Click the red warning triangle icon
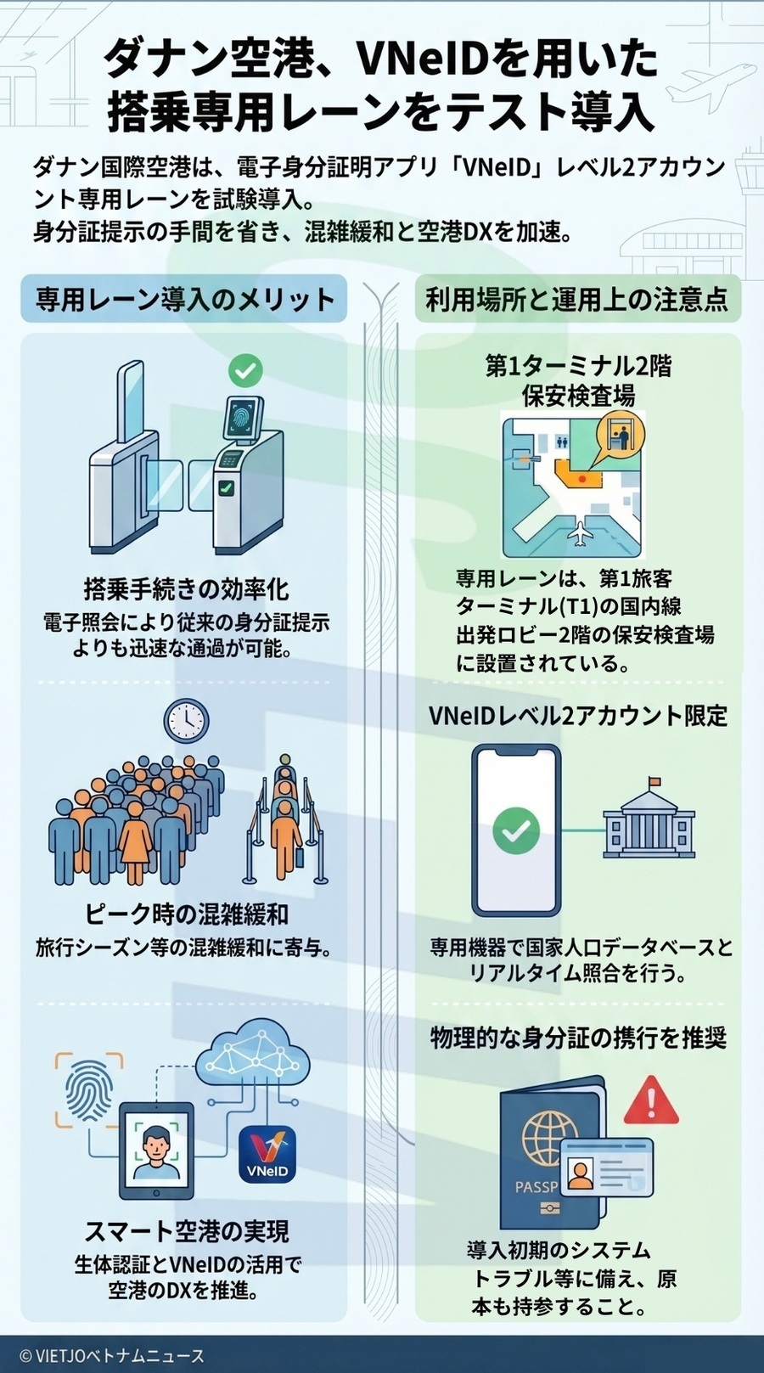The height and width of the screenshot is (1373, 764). point(651,1100)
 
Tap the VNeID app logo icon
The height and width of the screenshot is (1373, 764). point(267,1155)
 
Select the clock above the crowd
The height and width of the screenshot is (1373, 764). point(186,721)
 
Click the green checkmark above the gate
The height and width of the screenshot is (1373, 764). point(245,369)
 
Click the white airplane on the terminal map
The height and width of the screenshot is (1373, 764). point(581,534)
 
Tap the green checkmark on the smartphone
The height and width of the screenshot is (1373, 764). point(516,830)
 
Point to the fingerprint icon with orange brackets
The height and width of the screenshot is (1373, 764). point(89,1090)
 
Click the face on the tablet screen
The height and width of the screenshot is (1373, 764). point(154,1146)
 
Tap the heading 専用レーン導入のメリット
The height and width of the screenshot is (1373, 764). point(184,299)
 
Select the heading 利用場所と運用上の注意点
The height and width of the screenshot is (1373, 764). point(577,299)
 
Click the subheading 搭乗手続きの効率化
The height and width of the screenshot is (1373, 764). point(186,588)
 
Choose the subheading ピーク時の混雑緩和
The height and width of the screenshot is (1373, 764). point(186,914)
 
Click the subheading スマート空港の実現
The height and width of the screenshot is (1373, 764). point(186,1231)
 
